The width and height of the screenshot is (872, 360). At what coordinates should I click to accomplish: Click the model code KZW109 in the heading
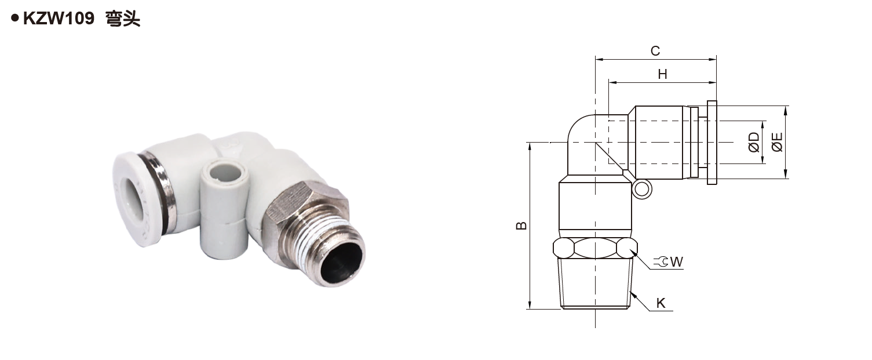(59, 19)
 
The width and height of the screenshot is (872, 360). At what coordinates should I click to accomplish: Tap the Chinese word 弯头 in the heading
(123, 19)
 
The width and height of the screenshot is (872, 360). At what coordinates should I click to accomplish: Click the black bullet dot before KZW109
(15, 18)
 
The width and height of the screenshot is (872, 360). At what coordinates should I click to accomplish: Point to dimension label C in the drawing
(655, 50)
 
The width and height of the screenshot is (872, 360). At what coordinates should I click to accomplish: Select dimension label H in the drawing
(662, 74)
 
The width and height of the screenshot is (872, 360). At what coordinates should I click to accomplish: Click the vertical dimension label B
(521, 226)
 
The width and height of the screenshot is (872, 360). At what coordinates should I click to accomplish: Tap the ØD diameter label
(754, 142)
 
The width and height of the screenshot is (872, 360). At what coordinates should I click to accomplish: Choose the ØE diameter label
(776, 142)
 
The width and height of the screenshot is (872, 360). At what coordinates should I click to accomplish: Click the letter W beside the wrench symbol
(677, 262)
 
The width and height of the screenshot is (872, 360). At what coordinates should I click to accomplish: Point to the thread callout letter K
(661, 303)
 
